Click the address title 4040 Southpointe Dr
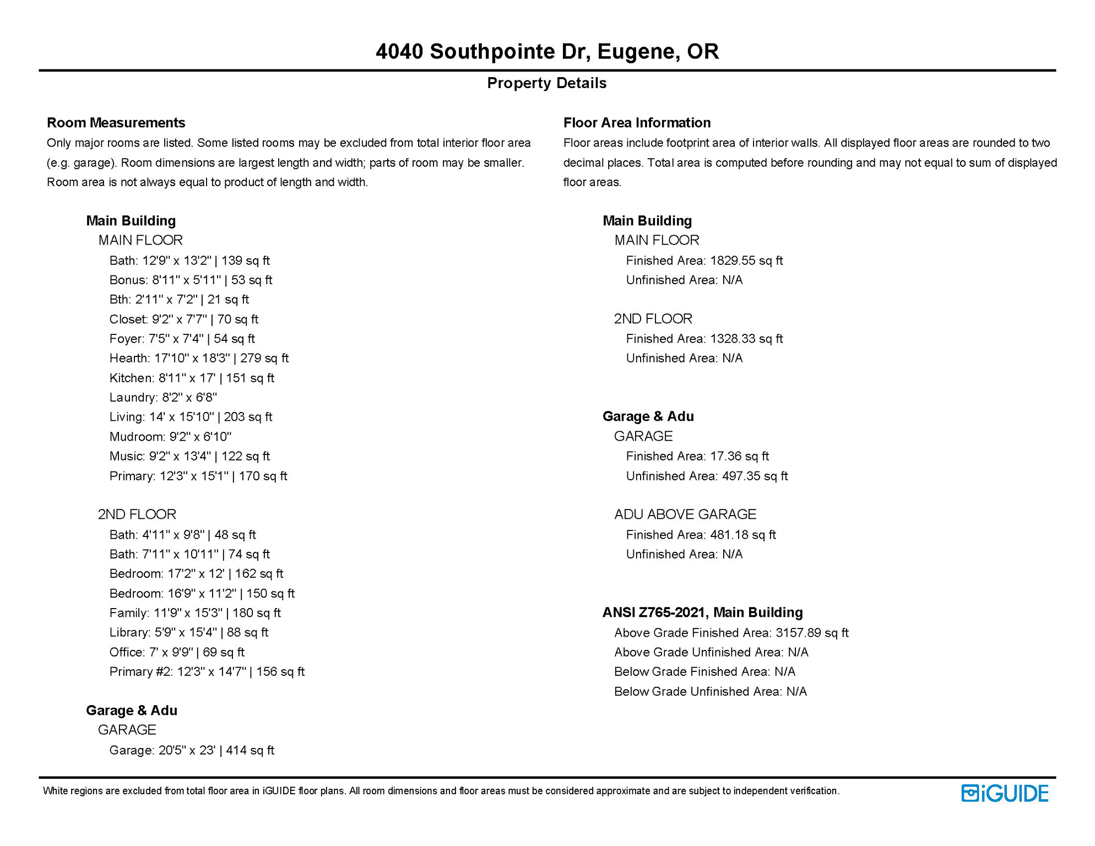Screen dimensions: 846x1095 click(x=547, y=51)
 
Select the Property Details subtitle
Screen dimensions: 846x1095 click(x=546, y=83)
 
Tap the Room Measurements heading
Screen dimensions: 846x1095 click(x=116, y=122)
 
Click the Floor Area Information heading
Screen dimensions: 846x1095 click(x=637, y=122)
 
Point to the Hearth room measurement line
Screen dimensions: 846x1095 click(x=199, y=358)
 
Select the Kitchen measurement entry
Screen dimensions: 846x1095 click(x=192, y=378)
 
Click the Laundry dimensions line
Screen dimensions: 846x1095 click(x=163, y=397)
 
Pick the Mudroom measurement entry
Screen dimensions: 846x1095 click(x=170, y=437)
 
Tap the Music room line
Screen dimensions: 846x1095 click(x=189, y=456)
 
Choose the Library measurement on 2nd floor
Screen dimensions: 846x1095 click(x=188, y=632)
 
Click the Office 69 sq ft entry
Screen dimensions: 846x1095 click(x=177, y=652)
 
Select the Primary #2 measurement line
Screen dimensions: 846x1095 click(x=207, y=671)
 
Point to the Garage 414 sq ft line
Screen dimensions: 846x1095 click(x=192, y=750)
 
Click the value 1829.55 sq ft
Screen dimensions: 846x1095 click(x=746, y=261)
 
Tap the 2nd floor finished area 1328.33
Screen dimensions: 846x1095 click(x=746, y=339)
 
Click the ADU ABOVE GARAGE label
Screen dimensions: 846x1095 click(x=685, y=514)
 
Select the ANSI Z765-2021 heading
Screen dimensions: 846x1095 click(x=702, y=612)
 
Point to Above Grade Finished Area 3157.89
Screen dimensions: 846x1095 click(x=731, y=633)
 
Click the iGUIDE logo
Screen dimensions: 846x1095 click(x=1005, y=794)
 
